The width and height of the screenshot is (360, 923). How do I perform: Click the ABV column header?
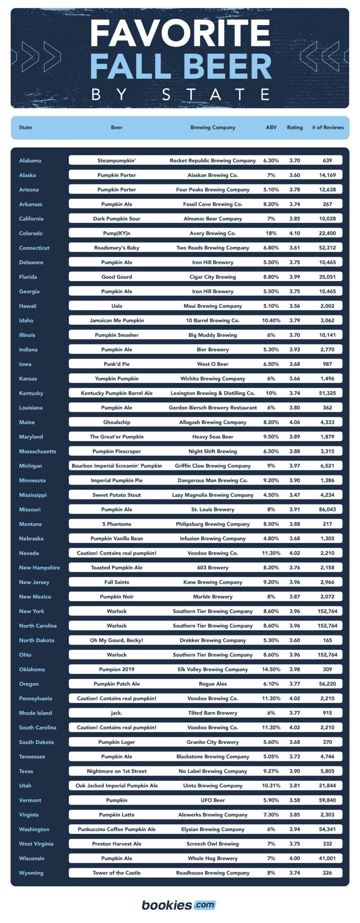(x=271, y=127)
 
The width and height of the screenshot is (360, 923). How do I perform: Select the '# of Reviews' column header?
(x=328, y=127)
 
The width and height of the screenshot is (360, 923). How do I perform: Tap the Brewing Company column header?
(x=213, y=127)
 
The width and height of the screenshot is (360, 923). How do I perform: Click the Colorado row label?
(x=31, y=233)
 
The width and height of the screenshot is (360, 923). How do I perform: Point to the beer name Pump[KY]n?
(x=116, y=233)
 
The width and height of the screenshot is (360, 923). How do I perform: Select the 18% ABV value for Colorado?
(x=271, y=233)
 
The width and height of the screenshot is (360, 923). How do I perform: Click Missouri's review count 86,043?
(x=327, y=509)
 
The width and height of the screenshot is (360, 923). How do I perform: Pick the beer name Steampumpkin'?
(x=116, y=160)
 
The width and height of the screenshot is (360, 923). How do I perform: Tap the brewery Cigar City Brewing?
(x=213, y=277)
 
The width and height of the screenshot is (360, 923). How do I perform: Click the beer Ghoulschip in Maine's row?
(x=116, y=422)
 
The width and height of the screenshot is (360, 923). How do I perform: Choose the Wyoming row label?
(x=31, y=873)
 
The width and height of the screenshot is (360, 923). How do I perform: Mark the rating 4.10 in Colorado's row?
(x=294, y=233)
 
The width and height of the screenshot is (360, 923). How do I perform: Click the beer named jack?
(x=116, y=713)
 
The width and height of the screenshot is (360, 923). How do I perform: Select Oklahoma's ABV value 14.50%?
(x=271, y=669)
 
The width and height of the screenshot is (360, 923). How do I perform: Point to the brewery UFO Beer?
(x=213, y=800)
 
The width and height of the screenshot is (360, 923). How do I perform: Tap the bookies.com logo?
(x=179, y=905)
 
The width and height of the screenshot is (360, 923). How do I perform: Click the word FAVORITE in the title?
(x=180, y=33)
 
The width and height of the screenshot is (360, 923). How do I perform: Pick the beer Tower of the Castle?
(x=116, y=873)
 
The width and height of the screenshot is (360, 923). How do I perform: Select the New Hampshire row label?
(x=39, y=568)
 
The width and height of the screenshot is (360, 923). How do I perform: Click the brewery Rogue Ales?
(x=213, y=684)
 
